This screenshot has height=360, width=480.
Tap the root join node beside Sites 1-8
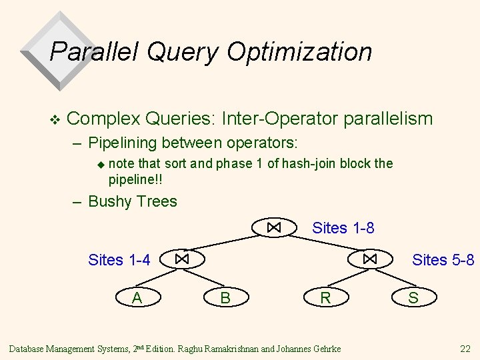[x=273, y=228]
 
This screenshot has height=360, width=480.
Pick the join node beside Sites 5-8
[x=371, y=259]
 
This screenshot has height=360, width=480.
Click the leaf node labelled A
[x=137, y=297]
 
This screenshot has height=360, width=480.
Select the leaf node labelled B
[x=225, y=297]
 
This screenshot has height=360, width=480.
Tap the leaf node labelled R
[x=325, y=297]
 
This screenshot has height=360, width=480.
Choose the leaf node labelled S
[x=413, y=297]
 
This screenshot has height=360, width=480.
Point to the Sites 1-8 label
[x=343, y=228]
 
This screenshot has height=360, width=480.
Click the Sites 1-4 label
[x=119, y=259]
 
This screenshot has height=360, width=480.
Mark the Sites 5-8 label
[x=443, y=259]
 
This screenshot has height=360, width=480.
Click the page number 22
[x=465, y=349]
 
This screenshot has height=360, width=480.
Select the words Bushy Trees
[x=133, y=201]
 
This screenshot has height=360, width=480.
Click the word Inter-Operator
[x=279, y=119]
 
